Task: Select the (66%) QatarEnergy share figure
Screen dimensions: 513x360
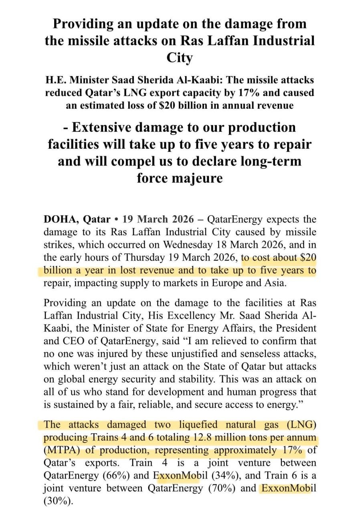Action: (x=115, y=475)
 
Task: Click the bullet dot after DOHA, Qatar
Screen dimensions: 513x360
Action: (x=116, y=220)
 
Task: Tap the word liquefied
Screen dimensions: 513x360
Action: (x=182, y=424)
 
